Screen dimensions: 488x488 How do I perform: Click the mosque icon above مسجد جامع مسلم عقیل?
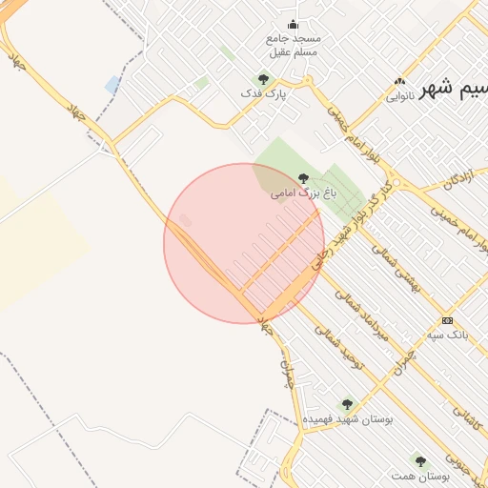[292, 25]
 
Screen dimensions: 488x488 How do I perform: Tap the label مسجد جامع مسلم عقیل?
[294, 45]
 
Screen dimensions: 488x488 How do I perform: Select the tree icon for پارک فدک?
[263, 79]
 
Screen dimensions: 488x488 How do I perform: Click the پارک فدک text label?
[265, 94]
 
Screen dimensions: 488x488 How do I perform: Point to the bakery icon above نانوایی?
[399, 82]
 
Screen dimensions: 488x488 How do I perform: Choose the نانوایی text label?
[401, 96]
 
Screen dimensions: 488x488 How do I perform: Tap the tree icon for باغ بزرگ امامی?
[304, 177]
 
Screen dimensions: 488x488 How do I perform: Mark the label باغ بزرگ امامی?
[304, 193]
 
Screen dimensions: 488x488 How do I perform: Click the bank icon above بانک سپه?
[447, 320]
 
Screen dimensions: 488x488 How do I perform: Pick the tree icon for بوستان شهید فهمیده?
[347, 404]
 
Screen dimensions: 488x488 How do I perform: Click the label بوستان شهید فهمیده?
[348, 419]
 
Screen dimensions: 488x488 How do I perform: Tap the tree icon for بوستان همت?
[419, 460]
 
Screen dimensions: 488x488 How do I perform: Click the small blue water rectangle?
[112, 85]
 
